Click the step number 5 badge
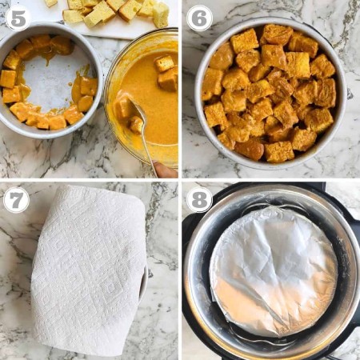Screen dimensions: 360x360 (x=18, y=18)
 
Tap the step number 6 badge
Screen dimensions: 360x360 (x=199, y=18)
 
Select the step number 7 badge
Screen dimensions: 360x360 (x=16, y=200)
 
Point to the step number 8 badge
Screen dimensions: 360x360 (x=199, y=200)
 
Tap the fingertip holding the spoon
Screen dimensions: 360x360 (x=166, y=170)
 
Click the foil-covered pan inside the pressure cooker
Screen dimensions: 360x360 (x=274, y=271)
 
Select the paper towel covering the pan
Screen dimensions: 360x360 (x=90, y=270)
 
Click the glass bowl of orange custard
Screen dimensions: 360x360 (x=142, y=98)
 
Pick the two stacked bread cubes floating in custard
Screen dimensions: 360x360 (x=166, y=73)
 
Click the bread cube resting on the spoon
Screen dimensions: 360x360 (x=136, y=125)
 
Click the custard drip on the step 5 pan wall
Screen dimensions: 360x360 (x=75, y=90)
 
